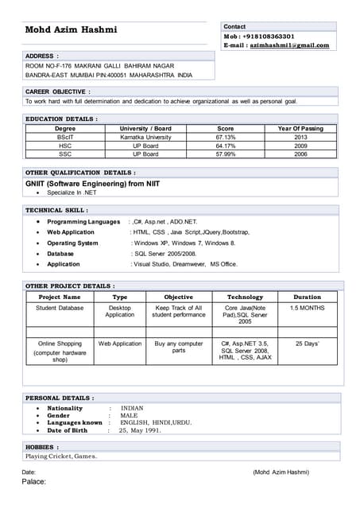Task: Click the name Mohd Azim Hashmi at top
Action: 71,30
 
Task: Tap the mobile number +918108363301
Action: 266,37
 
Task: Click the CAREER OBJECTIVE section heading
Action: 53,91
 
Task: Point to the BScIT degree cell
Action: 65,137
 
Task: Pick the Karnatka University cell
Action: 145,137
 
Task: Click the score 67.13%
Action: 226,137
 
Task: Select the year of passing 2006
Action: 300,154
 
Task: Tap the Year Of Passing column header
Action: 300,128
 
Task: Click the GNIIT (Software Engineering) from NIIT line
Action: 92,184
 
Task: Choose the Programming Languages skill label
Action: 83,222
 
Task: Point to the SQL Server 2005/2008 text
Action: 165,253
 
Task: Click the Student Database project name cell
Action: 60,308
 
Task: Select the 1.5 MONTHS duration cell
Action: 307,308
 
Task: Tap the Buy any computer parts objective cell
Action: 178,348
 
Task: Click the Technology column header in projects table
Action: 245,297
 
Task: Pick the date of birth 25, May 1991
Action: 140,430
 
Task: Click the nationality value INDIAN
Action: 132,408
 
